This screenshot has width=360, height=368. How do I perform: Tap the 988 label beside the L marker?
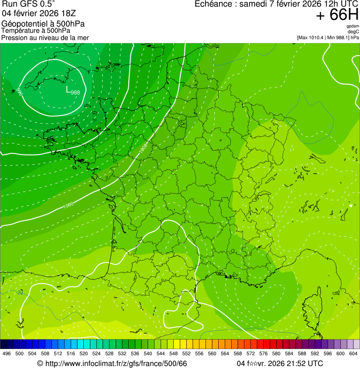pos(75,93)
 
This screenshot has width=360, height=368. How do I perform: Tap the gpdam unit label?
pos(353,26)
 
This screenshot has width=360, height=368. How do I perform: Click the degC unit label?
pos(353,32)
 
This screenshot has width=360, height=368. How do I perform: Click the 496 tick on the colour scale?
pos(7,354)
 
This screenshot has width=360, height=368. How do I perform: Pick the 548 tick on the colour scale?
pos(173,354)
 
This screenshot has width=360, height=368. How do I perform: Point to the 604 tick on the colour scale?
pos(353,354)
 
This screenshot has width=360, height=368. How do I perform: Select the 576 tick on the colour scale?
pos(263,354)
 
